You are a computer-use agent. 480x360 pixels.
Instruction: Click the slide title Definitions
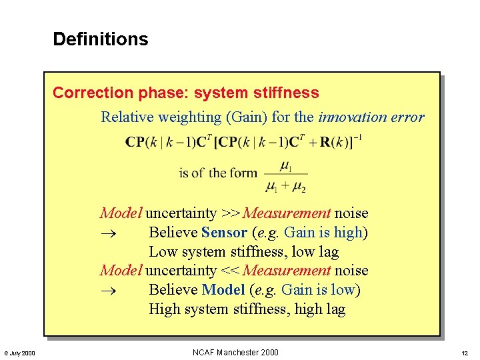pos(100,39)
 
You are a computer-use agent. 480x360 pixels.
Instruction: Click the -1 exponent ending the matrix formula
pos(357,138)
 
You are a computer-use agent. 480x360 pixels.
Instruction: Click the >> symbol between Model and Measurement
pos(231,213)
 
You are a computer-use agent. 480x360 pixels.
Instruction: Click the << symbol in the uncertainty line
pos(231,271)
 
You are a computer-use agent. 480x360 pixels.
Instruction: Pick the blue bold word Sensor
pos(224,233)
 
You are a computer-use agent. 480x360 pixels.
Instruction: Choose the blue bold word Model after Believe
pos(223,290)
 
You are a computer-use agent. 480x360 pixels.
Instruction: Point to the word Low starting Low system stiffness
pos(162,252)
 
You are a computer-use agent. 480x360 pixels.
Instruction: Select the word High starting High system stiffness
pos(165,309)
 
